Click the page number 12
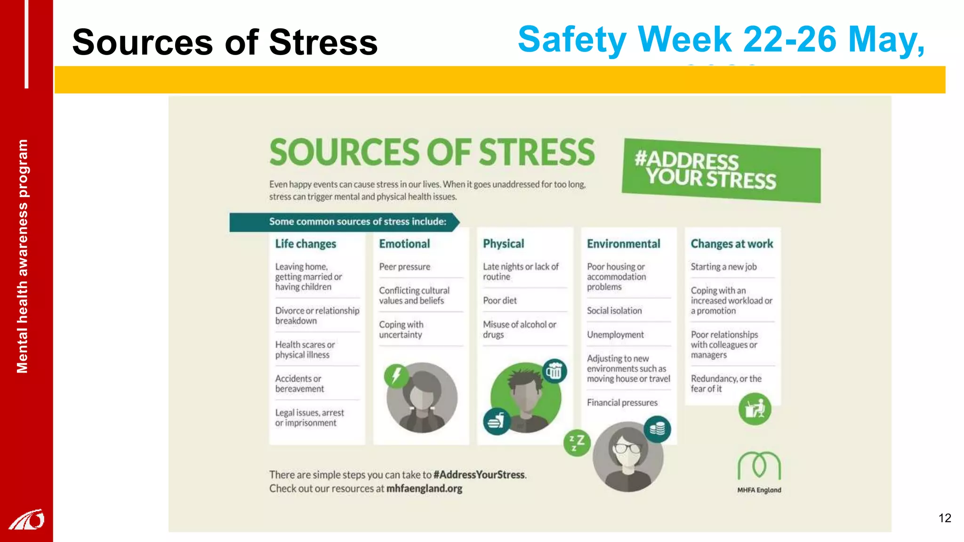pos(945,518)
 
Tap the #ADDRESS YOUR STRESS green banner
pos(721,171)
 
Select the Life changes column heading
pos(305,244)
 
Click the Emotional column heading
pos(404,244)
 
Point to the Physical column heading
pos(503,244)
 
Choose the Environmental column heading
pos(623,244)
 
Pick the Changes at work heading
pos(731,244)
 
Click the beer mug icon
pos(554,371)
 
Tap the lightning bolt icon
pos(396,376)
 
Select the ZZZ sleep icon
pos(577,442)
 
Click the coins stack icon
pos(657,429)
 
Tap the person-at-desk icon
pos(755,409)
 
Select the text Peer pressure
pos(404,267)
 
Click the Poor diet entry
pos(499,301)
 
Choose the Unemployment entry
pos(615,335)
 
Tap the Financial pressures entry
pos(622,403)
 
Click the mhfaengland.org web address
pos(424,488)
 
